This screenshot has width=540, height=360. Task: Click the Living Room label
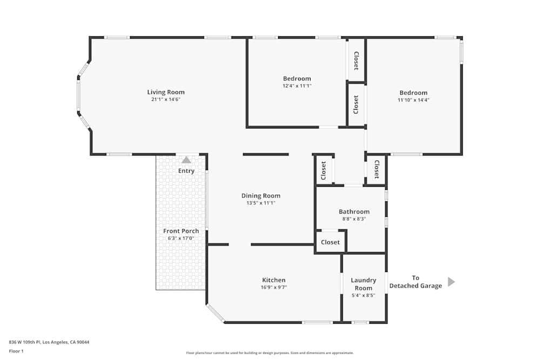coord(166,92)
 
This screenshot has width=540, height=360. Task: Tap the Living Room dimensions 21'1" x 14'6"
coord(166,99)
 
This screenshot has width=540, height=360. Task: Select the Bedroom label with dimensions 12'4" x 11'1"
coord(297,79)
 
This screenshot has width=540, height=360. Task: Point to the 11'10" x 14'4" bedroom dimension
coord(413,100)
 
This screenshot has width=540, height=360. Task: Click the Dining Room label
coord(261,196)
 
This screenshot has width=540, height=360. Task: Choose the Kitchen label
coord(274,280)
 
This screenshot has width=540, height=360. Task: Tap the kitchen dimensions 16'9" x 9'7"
coord(274,288)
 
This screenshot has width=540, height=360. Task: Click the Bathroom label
coord(354,212)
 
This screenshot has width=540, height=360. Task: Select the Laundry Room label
coord(363,284)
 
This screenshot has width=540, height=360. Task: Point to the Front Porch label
coord(181,231)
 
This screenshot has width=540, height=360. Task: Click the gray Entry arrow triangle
coord(186,160)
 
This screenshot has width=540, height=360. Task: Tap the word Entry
coord(186,171)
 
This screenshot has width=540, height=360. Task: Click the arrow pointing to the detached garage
coord(451,282)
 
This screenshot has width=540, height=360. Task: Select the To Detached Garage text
coord(415,282)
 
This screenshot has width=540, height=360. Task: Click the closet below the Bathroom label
coord(330,242)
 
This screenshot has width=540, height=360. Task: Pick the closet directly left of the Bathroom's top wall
coord(324,171)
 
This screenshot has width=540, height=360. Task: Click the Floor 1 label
coord(16,351)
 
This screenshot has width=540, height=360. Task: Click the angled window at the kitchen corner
coord(215,313)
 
